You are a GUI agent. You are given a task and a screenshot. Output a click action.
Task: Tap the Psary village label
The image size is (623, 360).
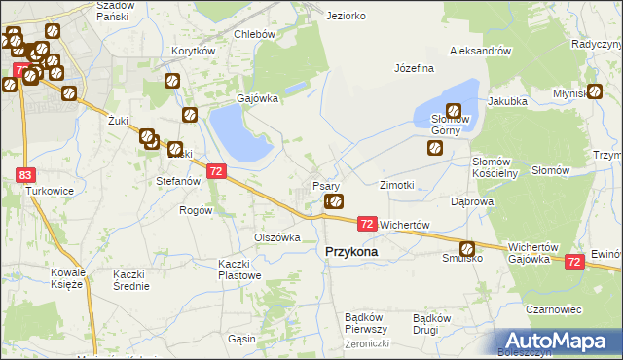pyautogui.click(x=325, y=185)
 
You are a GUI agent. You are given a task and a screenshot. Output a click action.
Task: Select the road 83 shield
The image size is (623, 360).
pyautogui.click(x=25, y=174)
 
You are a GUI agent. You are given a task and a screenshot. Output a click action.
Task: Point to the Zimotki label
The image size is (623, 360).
pyautogui.click(x=397, y=184)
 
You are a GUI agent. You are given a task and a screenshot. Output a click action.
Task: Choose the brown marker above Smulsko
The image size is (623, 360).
pyautogui.click(x=467, y=248)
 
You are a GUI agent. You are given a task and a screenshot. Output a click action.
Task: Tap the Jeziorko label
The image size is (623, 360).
pyautogui.click(x=347, y=16)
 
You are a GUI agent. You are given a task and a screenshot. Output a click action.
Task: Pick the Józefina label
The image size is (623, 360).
pyautogui.click(x=414, y=69)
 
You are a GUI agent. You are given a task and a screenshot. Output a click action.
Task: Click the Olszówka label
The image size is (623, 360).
pyautogui.click(x=276, y=237)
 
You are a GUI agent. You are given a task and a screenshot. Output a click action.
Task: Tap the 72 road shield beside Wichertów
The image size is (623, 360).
pyautogui.click(x=366, y=224)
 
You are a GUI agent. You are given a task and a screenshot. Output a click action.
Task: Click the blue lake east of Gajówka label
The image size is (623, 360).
pyautogui.click(x=234, y=132)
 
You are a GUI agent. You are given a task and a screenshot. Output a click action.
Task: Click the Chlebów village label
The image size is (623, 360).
pyautogui.click(x=256, y=33)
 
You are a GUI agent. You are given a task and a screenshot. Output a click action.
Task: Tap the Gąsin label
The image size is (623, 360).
pyautogui.click(x=241, y=339)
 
